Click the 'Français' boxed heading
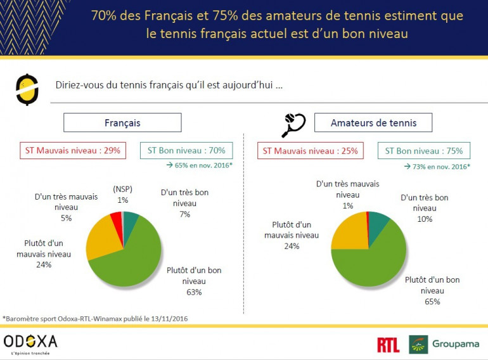pos(122,122)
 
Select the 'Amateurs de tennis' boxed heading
pos(373,122)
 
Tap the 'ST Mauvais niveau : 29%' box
pos(71,151)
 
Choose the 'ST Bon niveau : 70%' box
pos(186,151)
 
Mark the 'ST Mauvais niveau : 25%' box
pos(310,151)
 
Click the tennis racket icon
pos(293,124)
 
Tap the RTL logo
pos(388,345)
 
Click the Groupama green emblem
pos(418,344)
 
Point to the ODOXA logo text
pos(30,341)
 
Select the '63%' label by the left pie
pos(194,292)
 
